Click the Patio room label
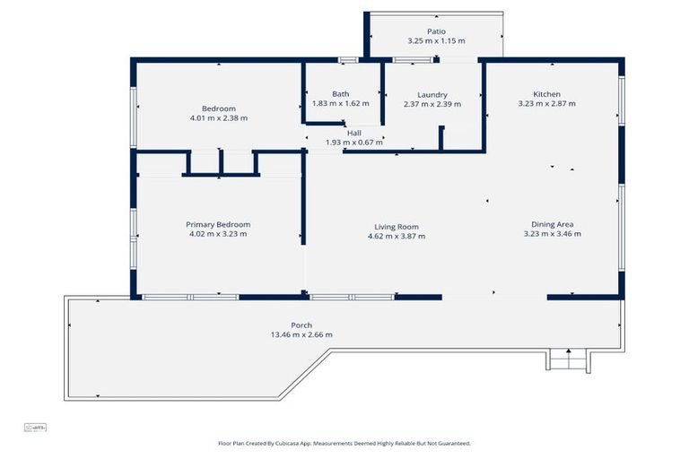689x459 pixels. coord(436,31)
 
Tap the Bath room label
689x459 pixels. coord(341,93)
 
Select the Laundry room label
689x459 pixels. coord(432,95)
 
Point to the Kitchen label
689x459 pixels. coord(546,94)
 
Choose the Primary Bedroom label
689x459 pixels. coord(218,224)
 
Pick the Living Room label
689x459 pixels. coord(397,227)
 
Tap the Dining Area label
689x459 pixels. coord(552,224)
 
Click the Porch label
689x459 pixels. coord(301,325)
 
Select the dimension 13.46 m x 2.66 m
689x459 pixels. coord(301,335)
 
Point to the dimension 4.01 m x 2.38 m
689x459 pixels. coord(218,118)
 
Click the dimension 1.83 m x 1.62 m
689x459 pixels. coord(341,103)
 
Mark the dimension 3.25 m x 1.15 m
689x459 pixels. coord(436,41)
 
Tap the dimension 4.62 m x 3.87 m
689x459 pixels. coord(397,237)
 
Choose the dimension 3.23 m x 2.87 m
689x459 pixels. coord(546,104)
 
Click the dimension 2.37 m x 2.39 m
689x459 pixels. coord(432,105)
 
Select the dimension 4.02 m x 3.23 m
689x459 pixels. coord(218,234)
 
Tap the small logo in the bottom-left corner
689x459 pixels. coord(34,428)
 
